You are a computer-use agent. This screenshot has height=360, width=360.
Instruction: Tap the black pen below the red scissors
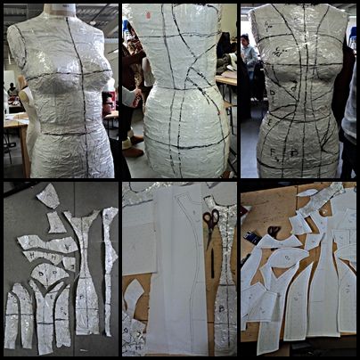click(x=212, y=263)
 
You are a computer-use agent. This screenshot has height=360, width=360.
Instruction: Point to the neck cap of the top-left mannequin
click(x=61, y=9)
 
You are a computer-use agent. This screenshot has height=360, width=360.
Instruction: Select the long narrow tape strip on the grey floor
click(x=110, y=267)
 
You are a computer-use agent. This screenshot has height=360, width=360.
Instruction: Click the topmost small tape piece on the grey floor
click(x=49, y=195)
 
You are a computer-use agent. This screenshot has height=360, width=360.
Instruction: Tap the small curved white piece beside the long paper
click(x=135, y=294)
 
